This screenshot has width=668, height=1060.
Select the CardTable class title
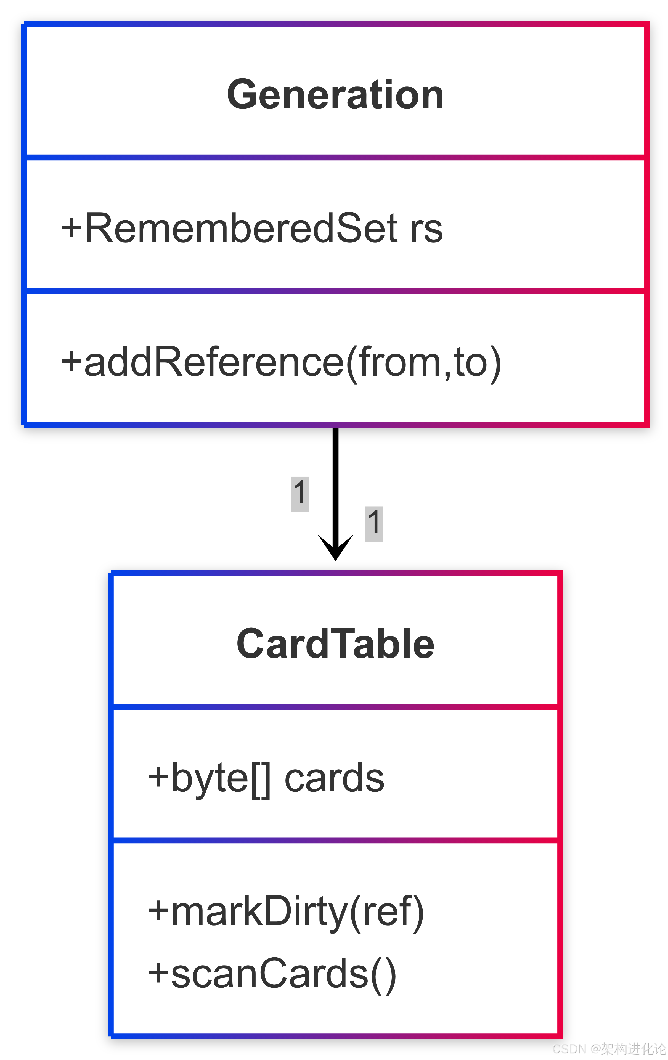335,643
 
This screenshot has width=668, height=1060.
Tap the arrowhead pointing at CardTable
335,548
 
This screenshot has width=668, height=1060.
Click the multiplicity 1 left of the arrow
300,494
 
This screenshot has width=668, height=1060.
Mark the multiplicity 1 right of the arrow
374,524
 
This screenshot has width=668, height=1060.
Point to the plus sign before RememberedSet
71,228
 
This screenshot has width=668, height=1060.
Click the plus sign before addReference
71,362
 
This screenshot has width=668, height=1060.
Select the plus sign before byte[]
158,777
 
